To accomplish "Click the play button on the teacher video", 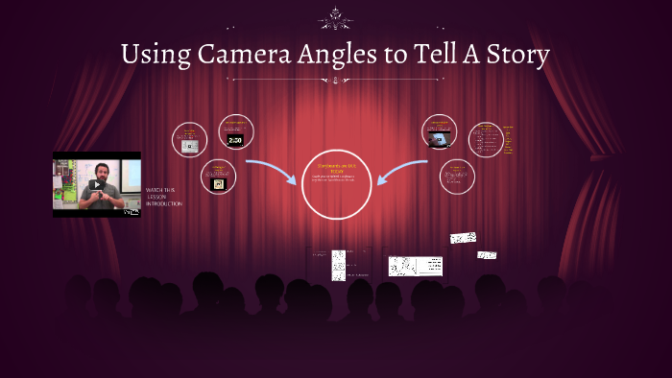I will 95,184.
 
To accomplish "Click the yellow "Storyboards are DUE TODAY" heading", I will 336,170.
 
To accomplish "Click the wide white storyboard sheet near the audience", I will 415,266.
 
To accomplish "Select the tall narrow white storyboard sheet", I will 338,265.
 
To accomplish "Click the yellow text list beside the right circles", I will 509,139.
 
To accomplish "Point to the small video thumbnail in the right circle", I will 440,139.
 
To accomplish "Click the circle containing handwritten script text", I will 487,140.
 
